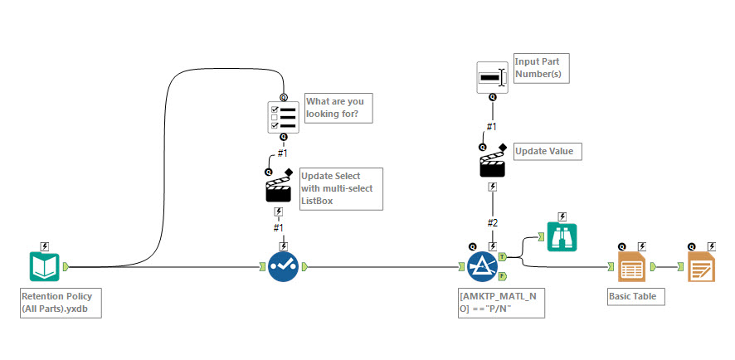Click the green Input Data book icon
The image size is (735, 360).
coord(44,267)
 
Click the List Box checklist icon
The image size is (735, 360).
coord(283,117)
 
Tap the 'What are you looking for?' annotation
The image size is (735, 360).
coord(338,108)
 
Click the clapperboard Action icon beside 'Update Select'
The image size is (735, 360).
coord(279,188)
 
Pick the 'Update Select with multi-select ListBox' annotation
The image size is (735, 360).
coord(340,189)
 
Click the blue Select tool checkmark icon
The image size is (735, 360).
coord(284,267)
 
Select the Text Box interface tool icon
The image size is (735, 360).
coord(492,77)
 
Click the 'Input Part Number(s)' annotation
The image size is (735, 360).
coord(542,69)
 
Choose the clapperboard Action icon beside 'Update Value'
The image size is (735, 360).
coord(493,163)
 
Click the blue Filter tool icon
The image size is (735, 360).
coord(482,267)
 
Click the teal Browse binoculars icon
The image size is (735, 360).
coord(561,237)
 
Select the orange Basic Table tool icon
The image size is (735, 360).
coord(632,267)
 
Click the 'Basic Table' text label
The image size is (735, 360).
coord(635,296)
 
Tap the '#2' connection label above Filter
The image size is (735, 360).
coord(493,222)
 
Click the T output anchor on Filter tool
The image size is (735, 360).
coord(502,258)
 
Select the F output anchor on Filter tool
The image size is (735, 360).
coord(502,276)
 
